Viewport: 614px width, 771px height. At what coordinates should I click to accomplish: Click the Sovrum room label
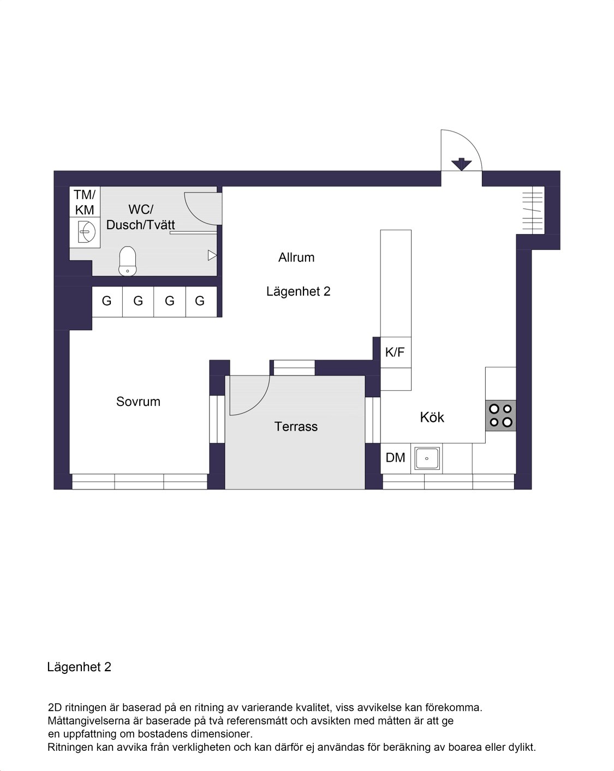click(138, 402)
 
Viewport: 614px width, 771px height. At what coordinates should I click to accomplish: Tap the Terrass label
click(296, 427)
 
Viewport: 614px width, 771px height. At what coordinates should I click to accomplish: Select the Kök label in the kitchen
click(432, 417)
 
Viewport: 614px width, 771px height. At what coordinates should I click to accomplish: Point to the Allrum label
click(296, 258)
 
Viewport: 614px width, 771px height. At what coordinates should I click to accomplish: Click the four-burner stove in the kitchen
click(500, 415)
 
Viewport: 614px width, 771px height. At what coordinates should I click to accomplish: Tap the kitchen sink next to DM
click(427, 458)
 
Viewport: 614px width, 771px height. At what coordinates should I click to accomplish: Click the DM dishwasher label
click(395, 457)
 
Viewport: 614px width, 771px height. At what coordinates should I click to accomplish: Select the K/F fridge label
click(395, 352)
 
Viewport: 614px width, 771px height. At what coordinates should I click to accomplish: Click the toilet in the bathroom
click(127, 261)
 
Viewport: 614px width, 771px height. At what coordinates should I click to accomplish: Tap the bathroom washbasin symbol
click(87, 232)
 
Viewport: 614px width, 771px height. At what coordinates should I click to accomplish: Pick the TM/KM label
click(85, 202)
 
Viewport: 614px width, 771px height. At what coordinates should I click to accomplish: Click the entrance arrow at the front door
click(461, 164)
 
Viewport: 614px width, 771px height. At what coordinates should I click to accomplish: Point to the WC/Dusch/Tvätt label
click(140, 217)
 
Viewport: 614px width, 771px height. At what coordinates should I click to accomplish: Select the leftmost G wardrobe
click(107, 301)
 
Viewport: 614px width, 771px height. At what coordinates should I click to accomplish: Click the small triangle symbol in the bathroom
click(212, 255)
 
